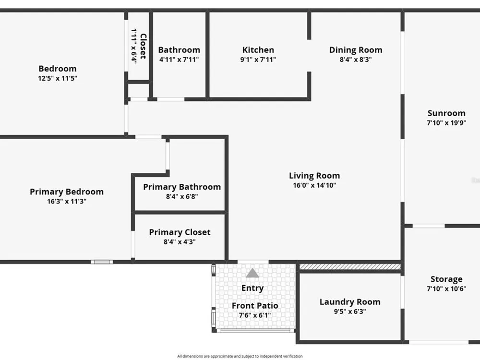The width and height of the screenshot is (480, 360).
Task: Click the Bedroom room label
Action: click(x=58, y=69)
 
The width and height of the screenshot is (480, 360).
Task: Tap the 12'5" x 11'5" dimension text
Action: click(x=58, y=78)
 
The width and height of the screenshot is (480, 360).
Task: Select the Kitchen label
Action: click(x=258, y=50)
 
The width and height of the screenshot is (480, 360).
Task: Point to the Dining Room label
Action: click(x=356, y=50)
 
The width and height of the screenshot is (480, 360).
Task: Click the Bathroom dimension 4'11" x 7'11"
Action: click(x=179, y=60)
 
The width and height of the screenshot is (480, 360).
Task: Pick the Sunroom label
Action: click(x=446, y=113)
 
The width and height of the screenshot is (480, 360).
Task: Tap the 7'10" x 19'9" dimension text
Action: click(x=446, y=123)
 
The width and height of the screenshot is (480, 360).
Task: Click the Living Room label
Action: click(x=314, y=176)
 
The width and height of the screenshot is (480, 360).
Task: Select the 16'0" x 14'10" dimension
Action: click(x=314, y=185)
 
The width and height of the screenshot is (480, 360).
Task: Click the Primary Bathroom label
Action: click(x=182, y=187)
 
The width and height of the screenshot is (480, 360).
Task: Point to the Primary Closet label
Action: click(x=180, y=232)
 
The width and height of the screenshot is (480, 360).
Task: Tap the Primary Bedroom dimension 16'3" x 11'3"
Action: click(x=67, y=201)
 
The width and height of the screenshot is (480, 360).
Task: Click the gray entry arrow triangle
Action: click(x=252, y=273)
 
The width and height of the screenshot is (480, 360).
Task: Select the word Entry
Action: click(x=252, y=288)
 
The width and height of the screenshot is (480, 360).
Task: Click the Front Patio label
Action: click(x=255, y=305)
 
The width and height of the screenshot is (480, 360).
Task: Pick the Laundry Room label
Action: click(x=350, y=302)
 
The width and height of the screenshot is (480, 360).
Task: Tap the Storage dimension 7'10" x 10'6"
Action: click(x=446, y=288)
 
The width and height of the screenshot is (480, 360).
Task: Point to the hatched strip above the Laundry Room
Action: click(x=350, y=267)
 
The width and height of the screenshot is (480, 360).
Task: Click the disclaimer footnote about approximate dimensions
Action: click(x=240, y=356)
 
